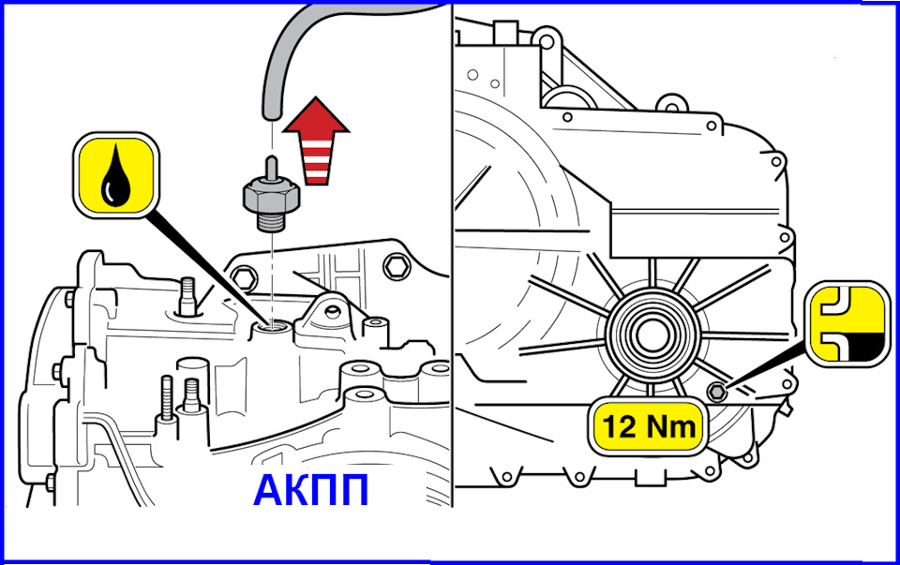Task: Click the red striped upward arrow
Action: click(316, 141)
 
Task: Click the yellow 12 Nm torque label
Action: click(648, 426)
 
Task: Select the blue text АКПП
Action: click(310, 490)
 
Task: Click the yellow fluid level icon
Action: click(847, 324)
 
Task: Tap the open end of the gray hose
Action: click(272, 114)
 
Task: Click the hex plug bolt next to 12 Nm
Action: click(716, 393)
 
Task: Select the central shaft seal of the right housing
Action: click(651, 335)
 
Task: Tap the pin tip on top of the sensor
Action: click(273, 162)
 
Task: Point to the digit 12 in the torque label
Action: click(619, 426)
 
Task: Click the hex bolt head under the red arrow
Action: click(395, 265)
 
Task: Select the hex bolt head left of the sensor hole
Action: click(244, 277)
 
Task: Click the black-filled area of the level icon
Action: click(867, 346)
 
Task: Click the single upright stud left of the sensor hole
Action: click(187, 295)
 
